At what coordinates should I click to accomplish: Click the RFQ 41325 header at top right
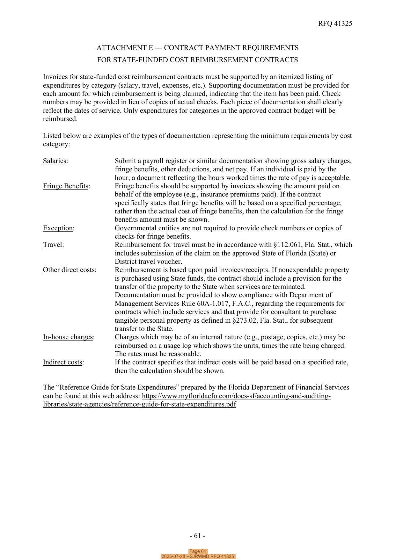click(335, 24)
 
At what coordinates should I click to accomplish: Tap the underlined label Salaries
click(55, 161)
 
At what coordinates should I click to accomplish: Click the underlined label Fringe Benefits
click(66, 186)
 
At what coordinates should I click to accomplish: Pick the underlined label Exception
click(58, 228)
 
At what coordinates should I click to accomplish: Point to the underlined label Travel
click(53, 245)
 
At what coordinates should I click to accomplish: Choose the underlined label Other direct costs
click(69, 270)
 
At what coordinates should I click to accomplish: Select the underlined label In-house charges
click(68, 337)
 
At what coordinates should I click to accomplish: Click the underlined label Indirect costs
click(62, 362)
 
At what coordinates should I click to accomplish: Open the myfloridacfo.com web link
click(236, 396)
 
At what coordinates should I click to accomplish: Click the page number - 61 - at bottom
click(197, 536)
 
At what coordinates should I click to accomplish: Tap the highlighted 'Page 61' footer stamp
click(198, 551)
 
